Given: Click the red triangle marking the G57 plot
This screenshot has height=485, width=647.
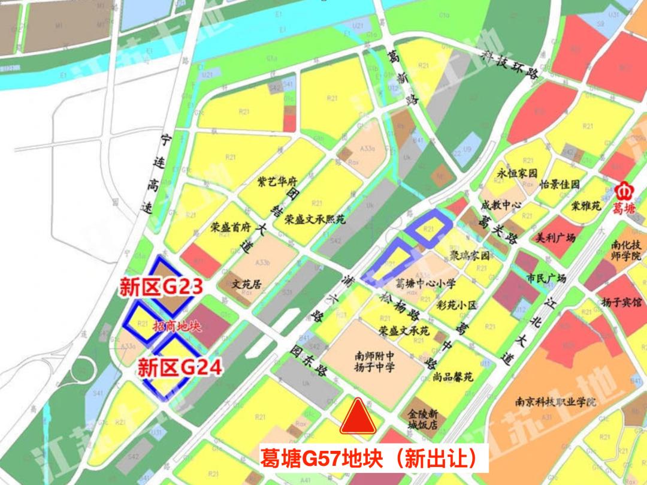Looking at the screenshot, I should click(x=358, y=417).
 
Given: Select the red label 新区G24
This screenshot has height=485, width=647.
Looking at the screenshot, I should click(x=180, y=366).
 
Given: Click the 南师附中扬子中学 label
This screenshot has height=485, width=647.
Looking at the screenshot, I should click(x=374, y=362).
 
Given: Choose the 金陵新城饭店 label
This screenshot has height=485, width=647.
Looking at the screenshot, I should click(x=422, y=419).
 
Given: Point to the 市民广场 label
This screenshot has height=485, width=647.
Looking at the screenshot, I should click(x=546, y=278).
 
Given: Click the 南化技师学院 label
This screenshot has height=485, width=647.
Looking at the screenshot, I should click(x=626, y=251).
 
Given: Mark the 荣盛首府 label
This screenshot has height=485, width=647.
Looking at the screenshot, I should click(x=230, y=227).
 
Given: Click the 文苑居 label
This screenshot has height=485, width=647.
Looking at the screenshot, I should click(x=247, y=284).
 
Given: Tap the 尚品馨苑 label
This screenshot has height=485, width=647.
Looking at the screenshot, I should click(x=453, y=377).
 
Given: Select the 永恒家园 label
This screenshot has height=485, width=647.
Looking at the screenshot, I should click(x=516, y=173).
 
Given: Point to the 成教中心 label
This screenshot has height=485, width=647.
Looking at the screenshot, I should click(x=501, y=205).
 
